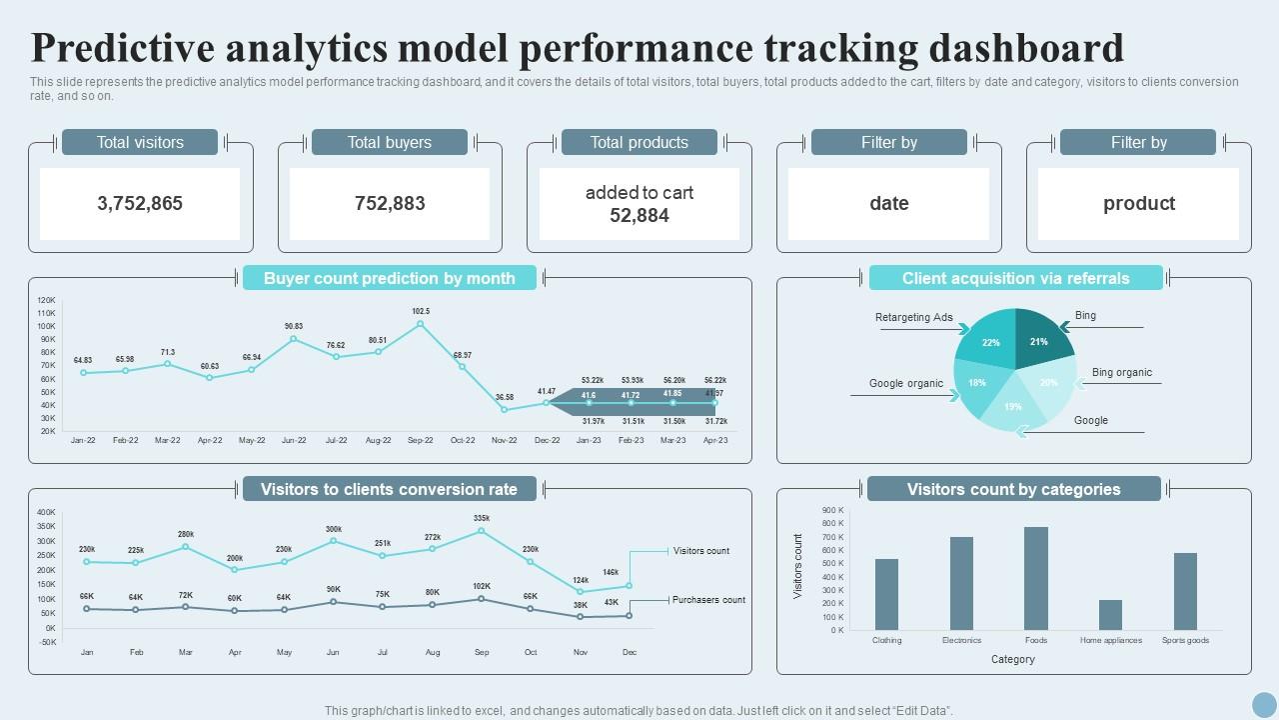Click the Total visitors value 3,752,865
(140, 203)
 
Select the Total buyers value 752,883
(390, 203)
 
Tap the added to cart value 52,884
(639, 215)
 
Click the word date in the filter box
(888, 203)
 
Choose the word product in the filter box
(1138, 203)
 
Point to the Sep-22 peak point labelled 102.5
(421, 324)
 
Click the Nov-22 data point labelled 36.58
(505, 409)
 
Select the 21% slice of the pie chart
(1043, 336)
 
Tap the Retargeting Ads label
(914, 317)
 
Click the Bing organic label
(1121, 372)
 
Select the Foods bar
(1036, 578)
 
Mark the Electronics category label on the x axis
(961, 640)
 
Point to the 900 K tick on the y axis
(833, 510)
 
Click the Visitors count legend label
(701, 551)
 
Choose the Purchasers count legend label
(708, 600)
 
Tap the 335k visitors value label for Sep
(482, 518)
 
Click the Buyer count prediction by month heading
(390, 278)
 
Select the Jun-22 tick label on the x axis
(294, 440)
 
